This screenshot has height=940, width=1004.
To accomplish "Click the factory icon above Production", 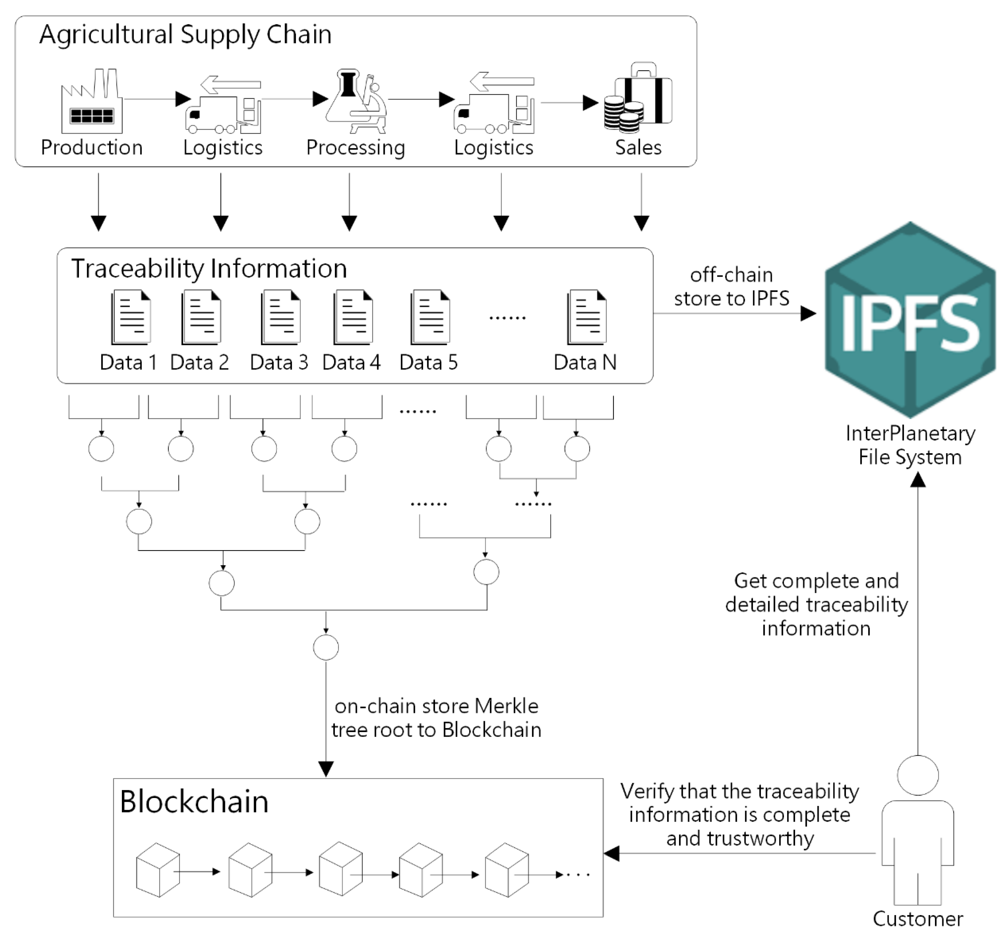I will tap(92, 103).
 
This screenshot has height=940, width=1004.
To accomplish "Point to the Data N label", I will tap(585, 362).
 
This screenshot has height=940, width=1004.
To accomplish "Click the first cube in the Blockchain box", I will tap(158, 870).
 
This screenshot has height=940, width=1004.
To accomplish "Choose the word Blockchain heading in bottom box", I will tap(194, 802).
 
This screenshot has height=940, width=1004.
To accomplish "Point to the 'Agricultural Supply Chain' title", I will tap(185, 35).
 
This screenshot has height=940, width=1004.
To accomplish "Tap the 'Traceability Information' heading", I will tap(209, 269).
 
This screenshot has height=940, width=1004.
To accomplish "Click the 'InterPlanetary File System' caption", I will tap(910, 445).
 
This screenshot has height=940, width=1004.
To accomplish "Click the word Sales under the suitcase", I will tap(638, 147).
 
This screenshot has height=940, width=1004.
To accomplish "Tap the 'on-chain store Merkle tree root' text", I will tap(436, 718).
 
